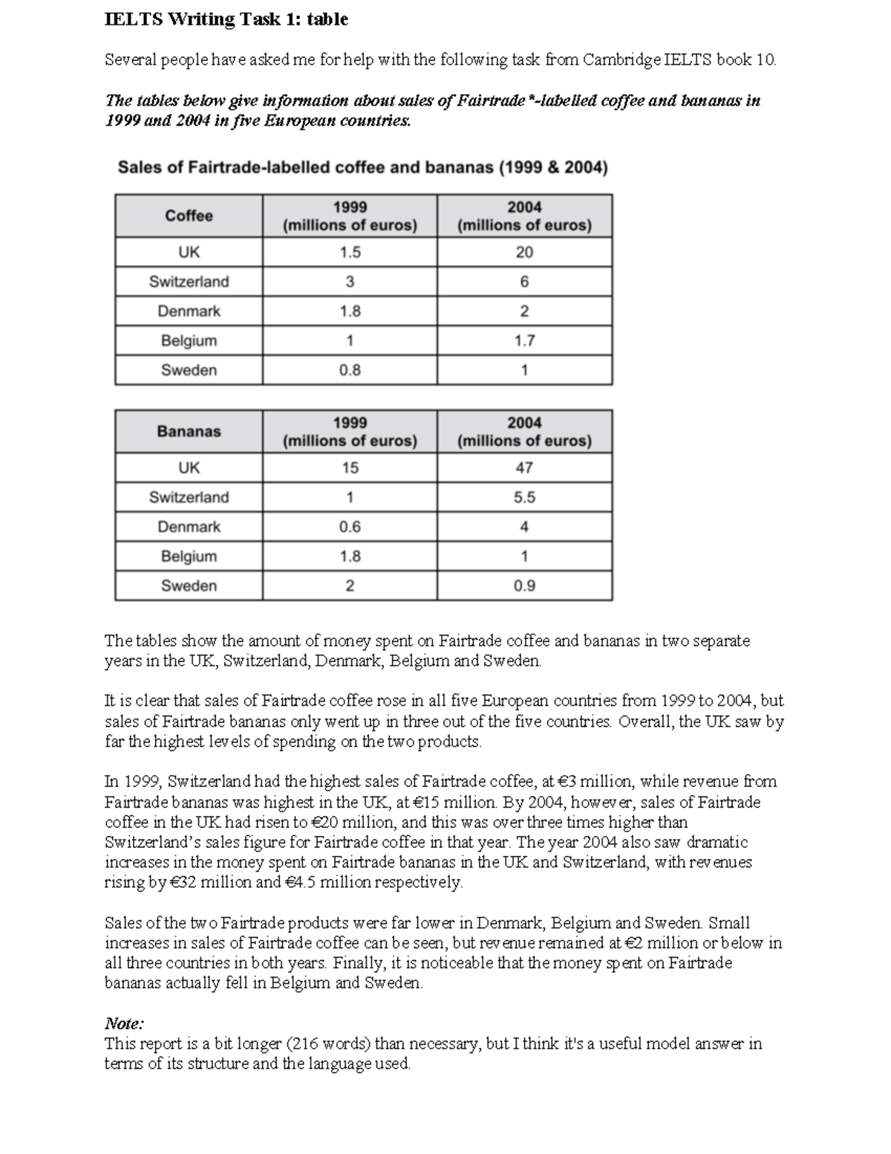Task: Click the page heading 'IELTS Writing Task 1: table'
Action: (226, 20)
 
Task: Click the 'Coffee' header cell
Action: (189, 215)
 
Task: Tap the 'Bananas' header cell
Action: (189, 431)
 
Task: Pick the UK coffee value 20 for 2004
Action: (524, 252)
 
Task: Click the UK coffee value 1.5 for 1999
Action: (350, 252)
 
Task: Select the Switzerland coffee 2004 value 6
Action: (524, 282)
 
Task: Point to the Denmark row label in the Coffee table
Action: (189, 311)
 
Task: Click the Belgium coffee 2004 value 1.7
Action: (524, 340)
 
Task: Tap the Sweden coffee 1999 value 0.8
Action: (350, 370)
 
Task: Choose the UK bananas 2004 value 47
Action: (524, 467)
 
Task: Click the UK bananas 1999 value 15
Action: (350, 467)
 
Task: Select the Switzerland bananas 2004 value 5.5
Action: (524, 497)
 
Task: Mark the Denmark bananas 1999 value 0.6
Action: (350, 527)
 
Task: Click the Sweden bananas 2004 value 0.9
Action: (524, 586)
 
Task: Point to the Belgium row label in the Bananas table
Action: (189, 556)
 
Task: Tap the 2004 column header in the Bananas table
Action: (524, 432)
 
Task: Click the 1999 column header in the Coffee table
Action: (350, 216)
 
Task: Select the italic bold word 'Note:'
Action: (124, 1023)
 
